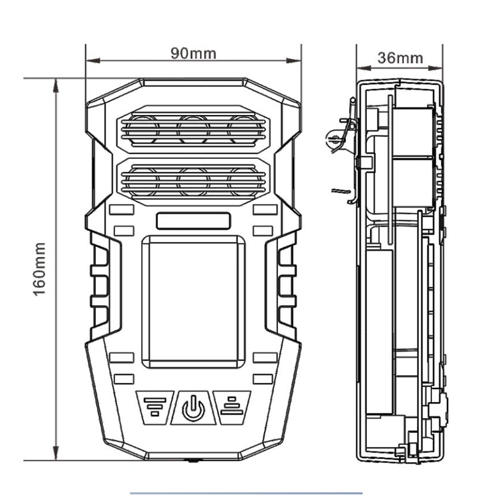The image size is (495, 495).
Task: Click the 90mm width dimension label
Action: pos(194,53)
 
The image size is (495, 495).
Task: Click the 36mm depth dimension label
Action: pos(400,58)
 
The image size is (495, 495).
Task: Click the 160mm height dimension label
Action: pos(40,269)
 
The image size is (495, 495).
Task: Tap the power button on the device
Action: pos(193,407)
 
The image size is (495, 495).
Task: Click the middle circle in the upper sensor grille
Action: pos(193,129)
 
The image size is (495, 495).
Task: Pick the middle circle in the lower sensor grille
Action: pos(193,181)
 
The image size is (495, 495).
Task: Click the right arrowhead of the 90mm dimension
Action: pos(297,61)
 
